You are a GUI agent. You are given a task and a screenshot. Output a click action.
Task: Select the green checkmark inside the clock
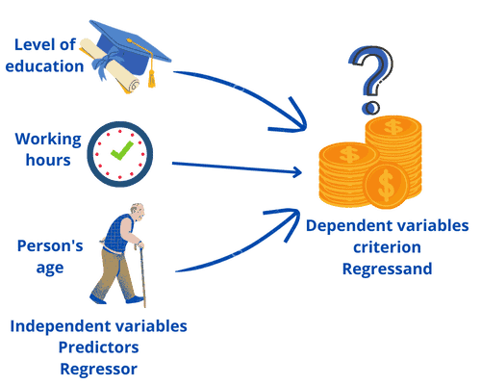[x=120, y=152]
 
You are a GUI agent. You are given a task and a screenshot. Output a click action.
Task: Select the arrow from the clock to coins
[x=240, y=169]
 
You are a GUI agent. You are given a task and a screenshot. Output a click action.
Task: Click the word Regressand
[x=387, y=268]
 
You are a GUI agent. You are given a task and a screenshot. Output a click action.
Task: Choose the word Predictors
[x=99, y=346]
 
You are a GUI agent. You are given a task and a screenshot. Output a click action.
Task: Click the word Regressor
[x=99, y=368]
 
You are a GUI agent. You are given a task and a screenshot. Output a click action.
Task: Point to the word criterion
[x=387, y=246]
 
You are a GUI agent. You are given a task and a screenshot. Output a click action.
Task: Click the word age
[x=49, y=268]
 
